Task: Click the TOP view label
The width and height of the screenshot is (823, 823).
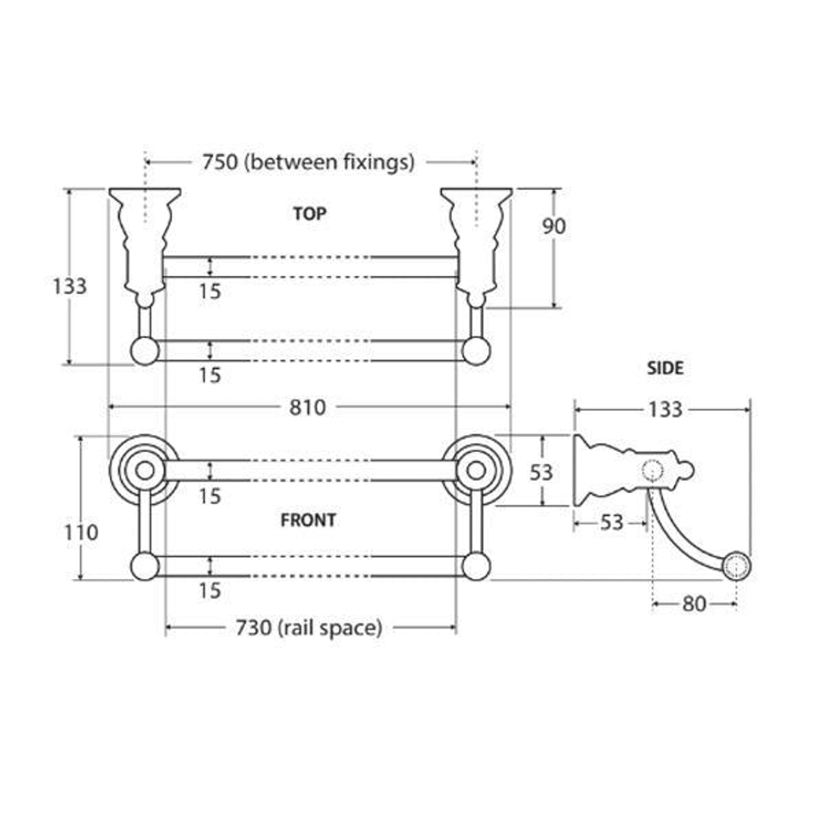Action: [x=309, y=213]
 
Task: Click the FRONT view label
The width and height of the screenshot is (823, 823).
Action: [x=308, y=520]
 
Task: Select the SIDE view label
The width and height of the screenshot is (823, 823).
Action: [x=665, y=368]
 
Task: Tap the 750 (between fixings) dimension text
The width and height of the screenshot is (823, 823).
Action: [x=309, y=162]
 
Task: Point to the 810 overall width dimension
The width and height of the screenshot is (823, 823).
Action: [x=308, y=407]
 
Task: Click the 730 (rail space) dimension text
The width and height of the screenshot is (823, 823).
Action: [x=309, y=627]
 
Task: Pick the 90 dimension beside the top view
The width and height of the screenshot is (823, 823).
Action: [x=554, y=226]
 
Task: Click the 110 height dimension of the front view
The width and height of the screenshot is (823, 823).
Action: [x=81, y=532]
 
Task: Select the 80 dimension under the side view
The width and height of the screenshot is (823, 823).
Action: [x=694, y=604]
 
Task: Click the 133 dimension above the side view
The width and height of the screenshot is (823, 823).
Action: [x=665, y=409]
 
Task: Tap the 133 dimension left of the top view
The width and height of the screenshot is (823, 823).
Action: [x=69, y=287]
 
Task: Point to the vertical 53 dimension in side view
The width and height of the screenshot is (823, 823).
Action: [x=540, y=472]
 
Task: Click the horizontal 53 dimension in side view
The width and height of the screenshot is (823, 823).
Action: [x=611, y=523]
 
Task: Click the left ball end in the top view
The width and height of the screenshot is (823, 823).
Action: [x=145, y=351]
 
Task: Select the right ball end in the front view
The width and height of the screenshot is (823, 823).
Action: [x=476, y=566]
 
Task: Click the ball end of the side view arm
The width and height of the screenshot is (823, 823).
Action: [x=737, y=565]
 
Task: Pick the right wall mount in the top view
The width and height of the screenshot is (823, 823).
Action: [x=476, y=247]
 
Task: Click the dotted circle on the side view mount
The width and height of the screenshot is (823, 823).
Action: [x=652, y=471]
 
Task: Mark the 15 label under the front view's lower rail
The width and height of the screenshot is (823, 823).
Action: [x=210, y=591]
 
